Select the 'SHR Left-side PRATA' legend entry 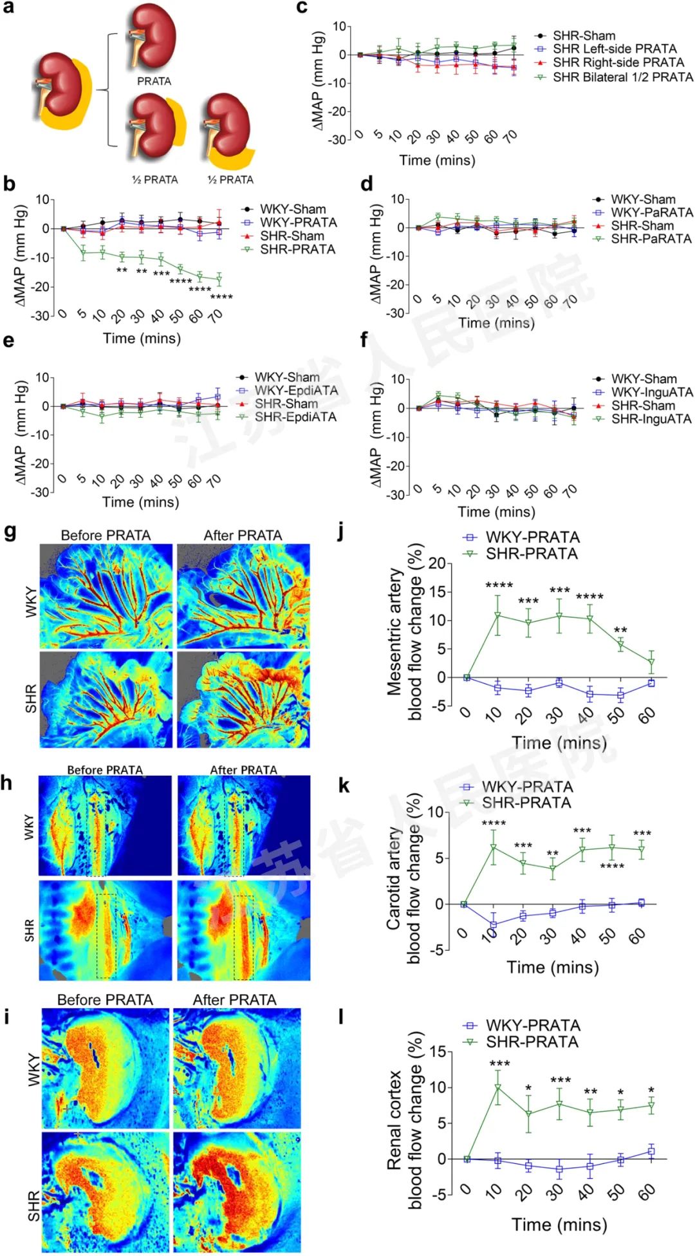coord(614,49)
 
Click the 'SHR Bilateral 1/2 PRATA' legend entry coord(622,77)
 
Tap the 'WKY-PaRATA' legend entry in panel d coord(651,212)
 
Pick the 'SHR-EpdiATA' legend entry coord(295,417)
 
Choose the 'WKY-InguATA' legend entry coord(651,392)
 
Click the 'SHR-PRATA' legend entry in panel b coord(297,249)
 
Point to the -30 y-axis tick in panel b coord(40,315)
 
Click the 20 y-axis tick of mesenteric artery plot coord(437,564)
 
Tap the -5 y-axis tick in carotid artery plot coord(437,950)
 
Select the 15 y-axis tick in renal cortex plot coord(438,1052)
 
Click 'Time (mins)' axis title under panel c coord(437,160)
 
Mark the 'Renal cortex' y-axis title coord(393,1120)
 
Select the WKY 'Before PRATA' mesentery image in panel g coord(106,595)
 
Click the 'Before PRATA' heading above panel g coord(106,536)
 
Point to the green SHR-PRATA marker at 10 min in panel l coord(497,1087)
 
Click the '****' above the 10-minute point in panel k coord(494,823)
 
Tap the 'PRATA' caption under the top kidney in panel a coord(154,82)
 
